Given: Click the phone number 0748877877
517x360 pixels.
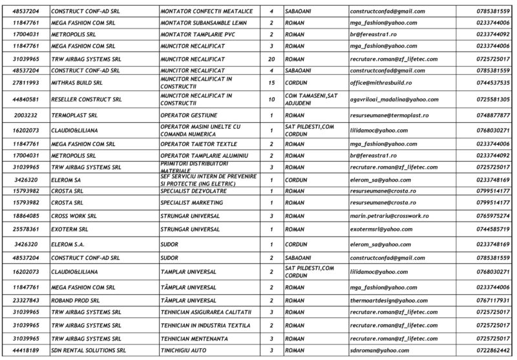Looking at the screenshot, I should click(x=494, y=115).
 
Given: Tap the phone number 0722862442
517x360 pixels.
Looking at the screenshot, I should click(x=494, y=350).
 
